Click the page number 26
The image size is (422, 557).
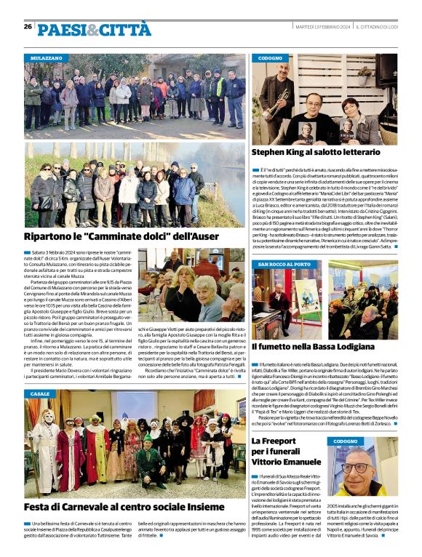coord(28,26)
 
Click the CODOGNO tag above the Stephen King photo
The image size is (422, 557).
coord(271,57)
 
